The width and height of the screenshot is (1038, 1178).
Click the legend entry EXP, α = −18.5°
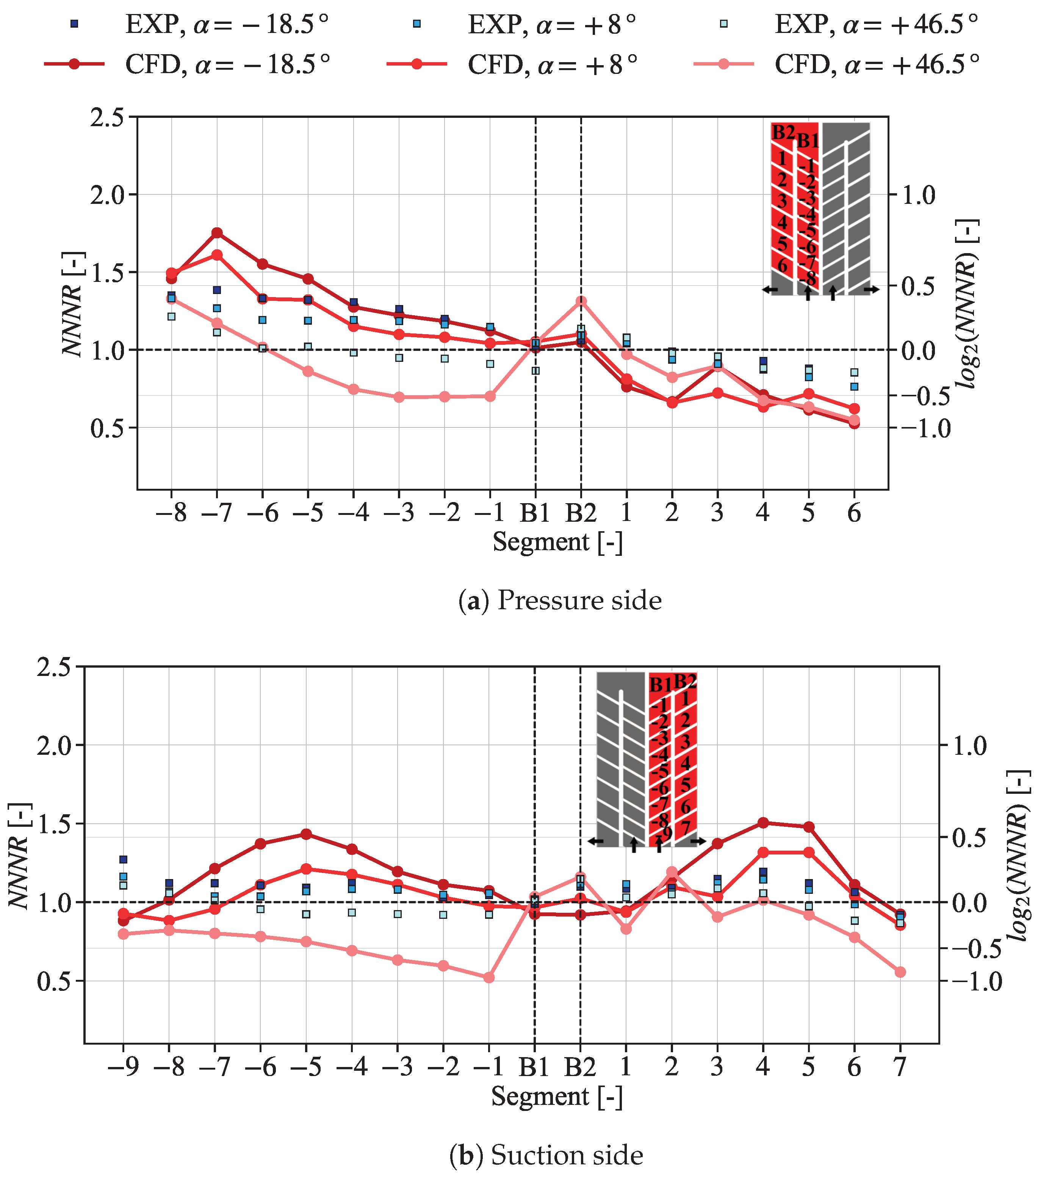[196, 24]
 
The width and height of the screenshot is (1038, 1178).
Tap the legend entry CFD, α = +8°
[513, 64]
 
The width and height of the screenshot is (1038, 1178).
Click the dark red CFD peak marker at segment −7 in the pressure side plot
[217, 233]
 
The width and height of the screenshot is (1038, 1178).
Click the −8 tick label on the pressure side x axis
[171, 512]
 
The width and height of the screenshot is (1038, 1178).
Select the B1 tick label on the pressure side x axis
[535, 512]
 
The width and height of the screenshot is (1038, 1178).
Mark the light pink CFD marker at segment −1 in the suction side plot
[489, 978]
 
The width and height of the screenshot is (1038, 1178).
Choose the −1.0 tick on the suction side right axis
[977, 981]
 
